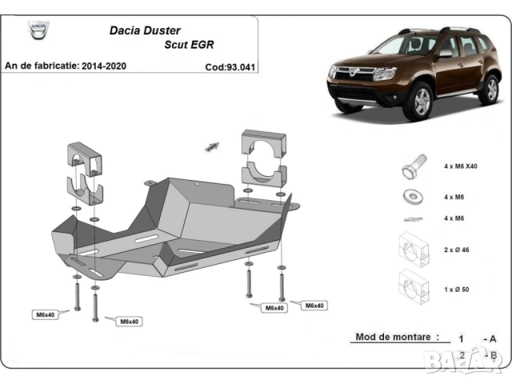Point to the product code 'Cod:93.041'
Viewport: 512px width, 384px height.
click(230, 67)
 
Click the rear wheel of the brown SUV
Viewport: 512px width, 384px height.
click(488, 90)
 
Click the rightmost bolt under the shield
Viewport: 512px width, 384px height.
click(282, 284)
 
